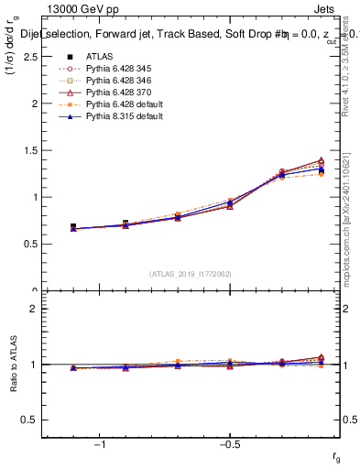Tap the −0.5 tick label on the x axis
228,445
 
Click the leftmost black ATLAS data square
73,227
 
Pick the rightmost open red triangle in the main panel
321,160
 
